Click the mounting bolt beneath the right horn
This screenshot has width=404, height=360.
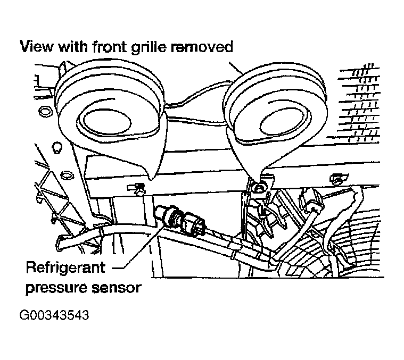(x=259, y=187)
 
